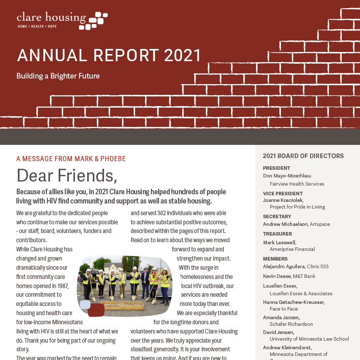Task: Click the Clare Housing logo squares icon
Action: pyautogui.click(x=97, y=20)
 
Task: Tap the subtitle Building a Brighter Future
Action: pyautogui.click(x=58, y=76)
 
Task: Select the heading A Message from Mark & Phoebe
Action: pyautogui.click(x=71, y=159)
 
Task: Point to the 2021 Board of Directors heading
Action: pyautogui.click(x=303, y=156)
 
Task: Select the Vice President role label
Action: pyautogui.click(x=282, y=193)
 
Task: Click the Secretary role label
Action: pyautogui.click(x=277, y=216)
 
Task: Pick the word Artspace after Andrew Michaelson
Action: pyautogui.click(x=320, y=224)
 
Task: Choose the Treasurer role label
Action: pyautogui.click(x=278, y=234)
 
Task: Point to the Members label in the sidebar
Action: pyautogui.click(x=275, y=259)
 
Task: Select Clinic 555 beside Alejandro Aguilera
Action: pyautogui.click(x=318, y=266)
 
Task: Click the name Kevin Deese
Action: pyautogui.click(x=277, y=276)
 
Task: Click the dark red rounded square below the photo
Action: pyautogui.click(x=96, y=310)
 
